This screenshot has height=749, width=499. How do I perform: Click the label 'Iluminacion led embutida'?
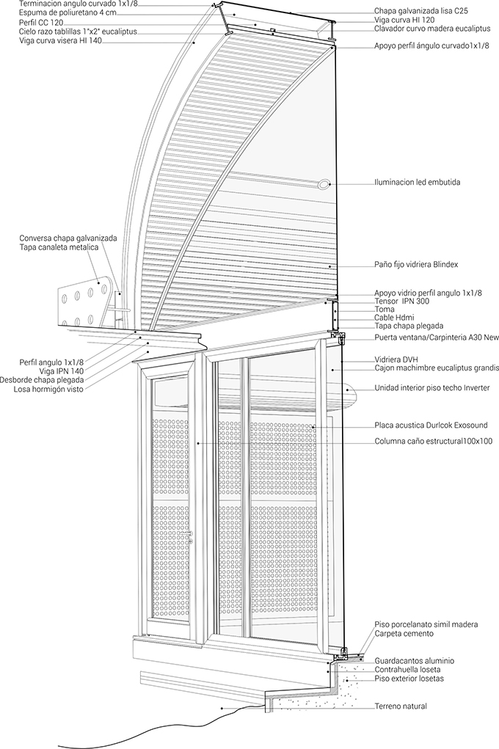(418, 182)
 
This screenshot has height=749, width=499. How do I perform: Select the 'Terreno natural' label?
(401, 706)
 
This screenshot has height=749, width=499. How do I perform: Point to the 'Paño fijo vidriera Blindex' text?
(416, 264)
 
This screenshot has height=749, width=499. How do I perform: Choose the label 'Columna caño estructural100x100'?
(434, 441)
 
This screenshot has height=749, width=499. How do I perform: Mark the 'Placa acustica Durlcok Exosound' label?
(431, 425)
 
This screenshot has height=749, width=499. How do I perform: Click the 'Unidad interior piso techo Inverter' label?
(432, 388)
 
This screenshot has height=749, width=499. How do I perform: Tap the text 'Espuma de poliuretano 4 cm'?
(68, 12)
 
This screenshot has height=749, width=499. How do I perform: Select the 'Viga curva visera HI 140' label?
(61, 41)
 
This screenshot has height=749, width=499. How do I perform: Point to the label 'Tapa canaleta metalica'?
(59, 247)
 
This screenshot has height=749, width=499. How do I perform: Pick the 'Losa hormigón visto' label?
(48, 390)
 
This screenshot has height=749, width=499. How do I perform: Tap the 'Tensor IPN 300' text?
(401, 302)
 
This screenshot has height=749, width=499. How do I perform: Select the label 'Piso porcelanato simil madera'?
(426, 624)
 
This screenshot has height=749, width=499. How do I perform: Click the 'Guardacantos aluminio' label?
(414, 661)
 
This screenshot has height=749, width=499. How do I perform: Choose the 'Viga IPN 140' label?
(61, 370)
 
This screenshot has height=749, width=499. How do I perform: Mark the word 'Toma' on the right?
(385, 310)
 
